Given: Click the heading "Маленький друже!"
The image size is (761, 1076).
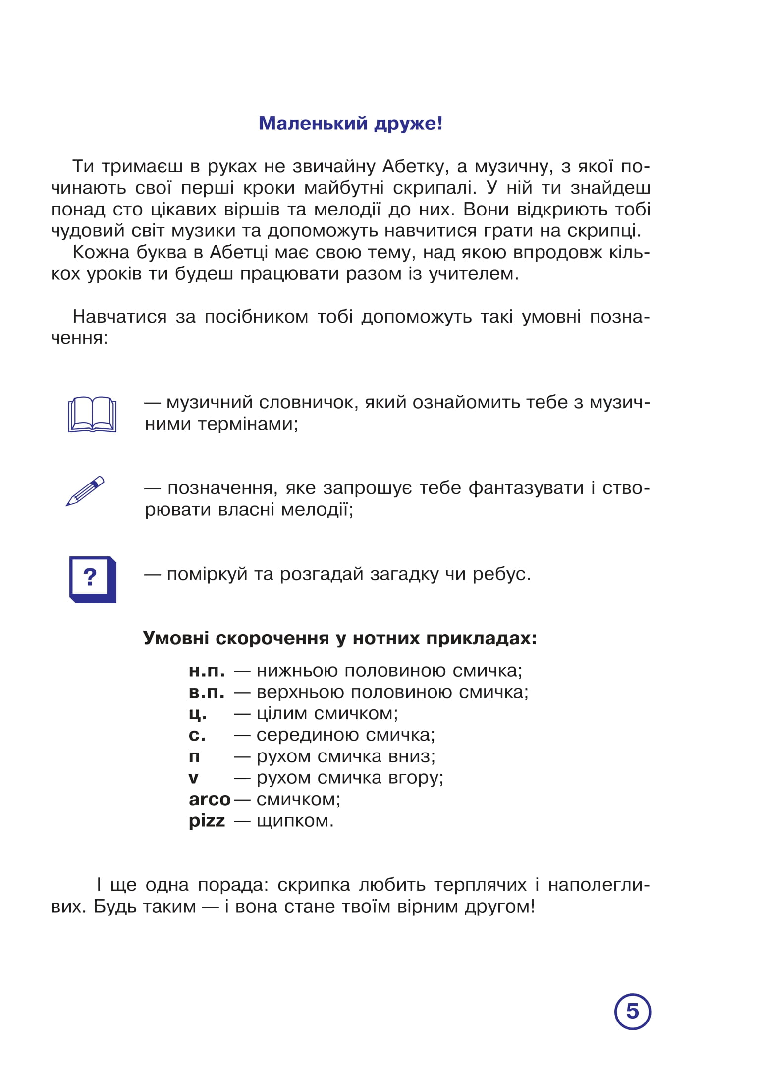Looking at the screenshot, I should click(x=350, y=123).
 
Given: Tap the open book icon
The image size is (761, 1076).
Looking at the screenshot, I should click(x=92, y=414).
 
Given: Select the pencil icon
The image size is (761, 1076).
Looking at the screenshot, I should click(x=85, y=491).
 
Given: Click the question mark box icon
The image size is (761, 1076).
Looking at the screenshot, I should click(x=92, y=579).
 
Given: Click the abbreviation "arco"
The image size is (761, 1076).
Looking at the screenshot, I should click(x=210, y=799).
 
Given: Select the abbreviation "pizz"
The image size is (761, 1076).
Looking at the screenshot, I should click(x=207, y=821).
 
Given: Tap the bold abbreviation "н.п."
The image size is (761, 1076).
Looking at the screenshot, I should click(x=207, y=671).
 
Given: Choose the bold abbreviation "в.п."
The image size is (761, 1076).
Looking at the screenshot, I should click(x=207, y=692).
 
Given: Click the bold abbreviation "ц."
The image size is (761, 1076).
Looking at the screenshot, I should click(x=198, y=714).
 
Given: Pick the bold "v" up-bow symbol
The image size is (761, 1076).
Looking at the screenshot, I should click(x=193, y=778).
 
